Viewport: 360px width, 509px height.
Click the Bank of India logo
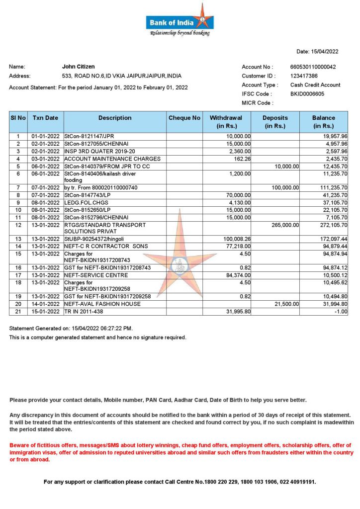click(180, 20)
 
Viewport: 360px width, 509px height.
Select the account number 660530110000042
click(313, 67)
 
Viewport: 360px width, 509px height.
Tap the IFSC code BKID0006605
click(307, 93)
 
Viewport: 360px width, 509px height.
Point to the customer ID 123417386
click(304, 76)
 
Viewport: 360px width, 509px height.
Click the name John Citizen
click(78, 66)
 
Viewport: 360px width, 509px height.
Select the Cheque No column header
click(184, 118)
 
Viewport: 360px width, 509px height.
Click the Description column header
click(115, 118)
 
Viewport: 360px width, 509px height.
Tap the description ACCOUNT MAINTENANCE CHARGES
click(112, 159)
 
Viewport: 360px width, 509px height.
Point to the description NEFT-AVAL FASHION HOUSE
click(102, 304)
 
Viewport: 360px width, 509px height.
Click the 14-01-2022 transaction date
click(46, 304)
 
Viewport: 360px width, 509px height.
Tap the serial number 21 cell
click(18, 312)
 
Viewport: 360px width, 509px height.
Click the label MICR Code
click(257, 103)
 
